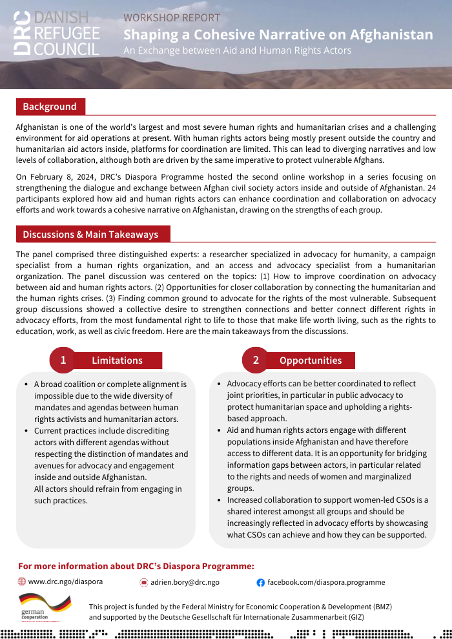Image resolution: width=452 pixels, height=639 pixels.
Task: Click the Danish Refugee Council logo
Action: point(56,33)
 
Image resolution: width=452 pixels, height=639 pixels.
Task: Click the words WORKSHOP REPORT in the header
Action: point(172,17)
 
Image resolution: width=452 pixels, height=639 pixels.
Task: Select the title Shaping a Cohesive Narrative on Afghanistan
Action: point(278,34)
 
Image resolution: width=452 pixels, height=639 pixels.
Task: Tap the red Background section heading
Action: point(50,107)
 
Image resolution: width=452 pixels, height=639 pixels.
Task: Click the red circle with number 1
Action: point(63,360)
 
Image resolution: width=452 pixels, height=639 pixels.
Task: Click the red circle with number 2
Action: point(256,360)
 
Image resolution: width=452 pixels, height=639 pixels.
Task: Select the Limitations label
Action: point(117,361)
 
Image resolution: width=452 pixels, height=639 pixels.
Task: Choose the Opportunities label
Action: point(311,361)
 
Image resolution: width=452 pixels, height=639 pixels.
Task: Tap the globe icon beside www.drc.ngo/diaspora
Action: point(22,581)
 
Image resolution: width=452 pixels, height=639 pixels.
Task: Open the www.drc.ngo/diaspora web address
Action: point(65,581)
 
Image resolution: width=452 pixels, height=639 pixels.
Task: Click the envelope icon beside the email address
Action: point(144,582)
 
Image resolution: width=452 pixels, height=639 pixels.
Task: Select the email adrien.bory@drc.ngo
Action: point(185,582)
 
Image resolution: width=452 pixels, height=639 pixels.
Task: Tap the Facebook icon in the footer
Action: point(261,582)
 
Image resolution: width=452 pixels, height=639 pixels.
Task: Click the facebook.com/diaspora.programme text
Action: point(326,582)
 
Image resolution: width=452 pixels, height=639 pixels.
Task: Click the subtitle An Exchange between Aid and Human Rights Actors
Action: point(237,50)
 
